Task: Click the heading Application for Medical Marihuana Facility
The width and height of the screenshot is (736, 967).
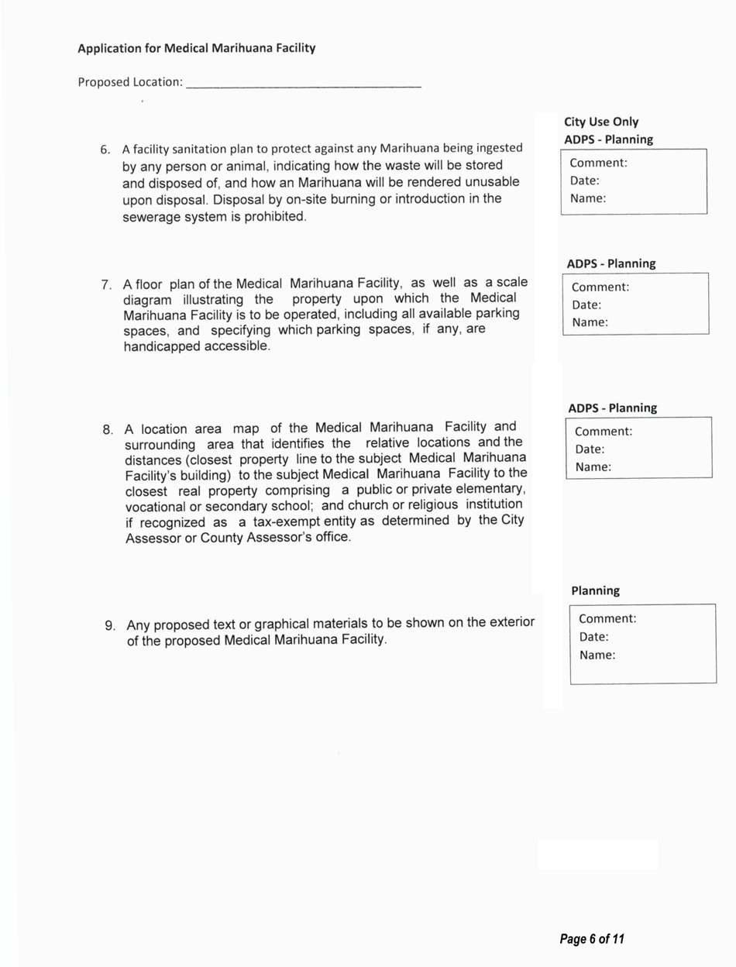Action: click(196, 48)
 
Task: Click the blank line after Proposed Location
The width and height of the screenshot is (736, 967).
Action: click(304, 84)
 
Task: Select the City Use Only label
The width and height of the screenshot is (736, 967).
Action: click(601, 122)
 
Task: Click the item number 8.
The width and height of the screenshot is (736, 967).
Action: click(108, 429)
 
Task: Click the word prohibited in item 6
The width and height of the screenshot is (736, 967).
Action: click(277, 216)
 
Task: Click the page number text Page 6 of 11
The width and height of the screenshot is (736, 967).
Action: click(592, 939)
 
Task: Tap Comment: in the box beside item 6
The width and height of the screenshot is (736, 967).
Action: click(598, 163)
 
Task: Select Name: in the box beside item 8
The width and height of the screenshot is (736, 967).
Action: click(593, 467)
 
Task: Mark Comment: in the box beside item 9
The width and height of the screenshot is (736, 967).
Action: click(607, 619)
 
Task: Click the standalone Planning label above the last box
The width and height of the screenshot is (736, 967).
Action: click(595, 590)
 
